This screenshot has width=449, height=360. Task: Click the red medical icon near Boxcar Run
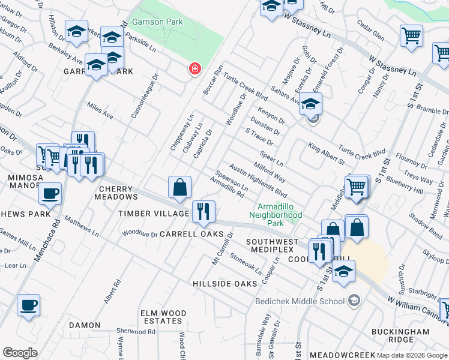(194, 69)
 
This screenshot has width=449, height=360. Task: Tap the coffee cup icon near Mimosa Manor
(50, 193)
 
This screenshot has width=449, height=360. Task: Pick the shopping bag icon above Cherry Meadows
(180, 187)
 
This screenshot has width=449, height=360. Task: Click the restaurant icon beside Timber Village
(203, 211)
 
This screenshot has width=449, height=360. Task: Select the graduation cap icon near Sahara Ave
(310, 104)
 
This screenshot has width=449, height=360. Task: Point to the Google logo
(20, 353)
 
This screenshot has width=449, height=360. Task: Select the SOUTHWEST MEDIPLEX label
(272, 246)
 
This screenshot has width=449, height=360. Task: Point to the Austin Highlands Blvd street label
(258, 182)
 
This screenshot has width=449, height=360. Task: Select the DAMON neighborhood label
(85, 325)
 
